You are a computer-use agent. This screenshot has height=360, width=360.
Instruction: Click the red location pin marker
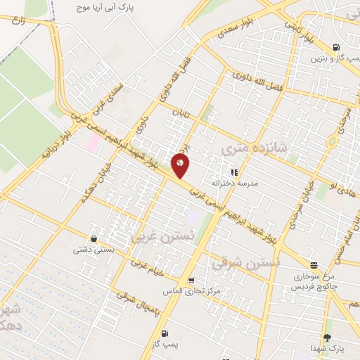click(181, 165)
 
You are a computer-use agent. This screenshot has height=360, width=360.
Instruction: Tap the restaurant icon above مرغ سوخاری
click(314, 266)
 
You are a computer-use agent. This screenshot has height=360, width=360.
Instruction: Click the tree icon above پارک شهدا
click(326, 337)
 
